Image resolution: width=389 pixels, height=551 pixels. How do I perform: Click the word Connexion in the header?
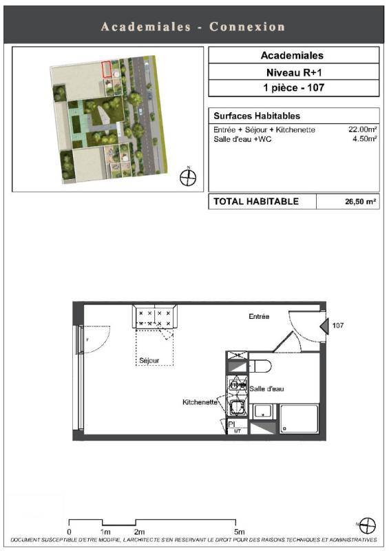247,27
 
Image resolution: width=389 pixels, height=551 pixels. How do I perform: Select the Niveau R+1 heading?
294,72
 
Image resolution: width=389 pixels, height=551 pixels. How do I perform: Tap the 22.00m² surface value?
363,129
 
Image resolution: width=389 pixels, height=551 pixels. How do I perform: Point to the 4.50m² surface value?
365,138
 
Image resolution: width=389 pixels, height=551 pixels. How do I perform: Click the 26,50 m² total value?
361,202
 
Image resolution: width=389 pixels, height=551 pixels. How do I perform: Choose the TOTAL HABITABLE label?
256,201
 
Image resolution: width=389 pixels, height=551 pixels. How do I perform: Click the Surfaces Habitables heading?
257,116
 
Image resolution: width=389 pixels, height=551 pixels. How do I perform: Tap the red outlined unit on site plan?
107,70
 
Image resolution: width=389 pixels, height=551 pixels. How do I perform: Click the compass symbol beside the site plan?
188,177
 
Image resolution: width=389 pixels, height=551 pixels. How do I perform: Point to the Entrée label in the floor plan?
259,316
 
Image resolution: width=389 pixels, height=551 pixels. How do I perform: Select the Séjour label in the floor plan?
149,360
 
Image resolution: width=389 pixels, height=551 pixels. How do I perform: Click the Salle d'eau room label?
266,388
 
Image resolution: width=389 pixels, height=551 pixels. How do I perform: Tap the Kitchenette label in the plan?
200,402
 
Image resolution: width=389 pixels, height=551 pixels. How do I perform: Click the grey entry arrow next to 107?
324,325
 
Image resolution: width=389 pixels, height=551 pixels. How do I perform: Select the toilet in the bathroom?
260,366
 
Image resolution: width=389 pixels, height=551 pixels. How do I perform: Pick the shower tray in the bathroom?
299,419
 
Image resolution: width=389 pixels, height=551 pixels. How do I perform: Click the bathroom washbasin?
263,411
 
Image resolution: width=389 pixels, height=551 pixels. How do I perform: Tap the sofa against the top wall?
155,317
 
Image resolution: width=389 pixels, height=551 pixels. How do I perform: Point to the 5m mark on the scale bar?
239,531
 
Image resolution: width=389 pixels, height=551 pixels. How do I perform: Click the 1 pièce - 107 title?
294,87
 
